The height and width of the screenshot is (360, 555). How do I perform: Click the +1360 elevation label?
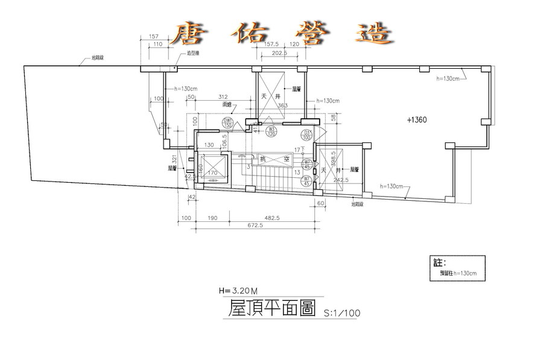417,119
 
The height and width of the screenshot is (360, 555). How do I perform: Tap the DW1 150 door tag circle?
228,123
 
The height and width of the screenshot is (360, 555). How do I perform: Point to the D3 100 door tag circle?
306,134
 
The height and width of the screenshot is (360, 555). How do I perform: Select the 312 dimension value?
223,97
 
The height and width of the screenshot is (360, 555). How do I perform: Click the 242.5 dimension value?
341,180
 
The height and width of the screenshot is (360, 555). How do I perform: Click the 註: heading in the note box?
439,263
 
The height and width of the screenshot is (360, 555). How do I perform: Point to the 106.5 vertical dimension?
224,141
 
